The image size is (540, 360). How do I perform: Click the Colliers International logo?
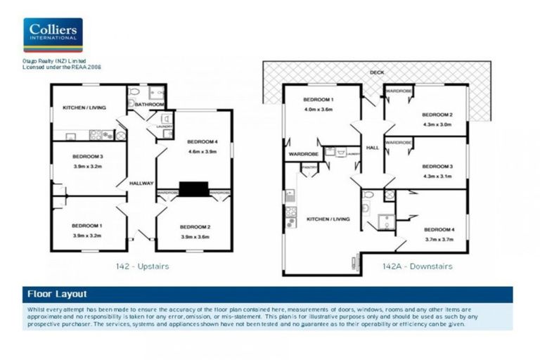click(x=53, y=35)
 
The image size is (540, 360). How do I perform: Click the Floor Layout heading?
click(x=57, y=294)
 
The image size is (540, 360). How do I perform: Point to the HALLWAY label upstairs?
click(x=141, y=184)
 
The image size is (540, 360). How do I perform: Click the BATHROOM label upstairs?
click(x=149, y=105)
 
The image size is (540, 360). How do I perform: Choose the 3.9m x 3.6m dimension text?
click(x=193, y=236)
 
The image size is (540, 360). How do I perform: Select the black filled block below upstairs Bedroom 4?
click(x=194, y=189)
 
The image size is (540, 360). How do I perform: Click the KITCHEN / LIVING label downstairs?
click(x=328, y=220)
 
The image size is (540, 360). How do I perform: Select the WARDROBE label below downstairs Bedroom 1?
click(x=302, y=153)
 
